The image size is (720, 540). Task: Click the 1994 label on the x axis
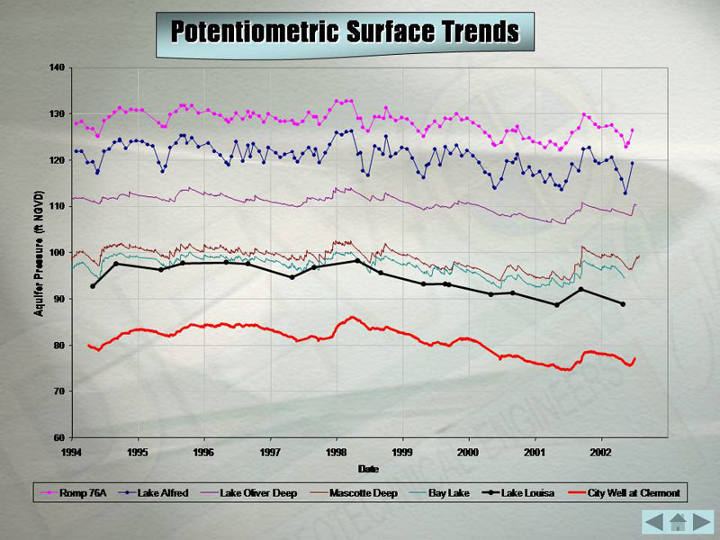[72, 452]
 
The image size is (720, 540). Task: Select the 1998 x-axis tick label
[337, 452]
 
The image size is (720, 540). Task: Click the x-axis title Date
[368, 469]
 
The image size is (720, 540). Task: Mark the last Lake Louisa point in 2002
[622, 304]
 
